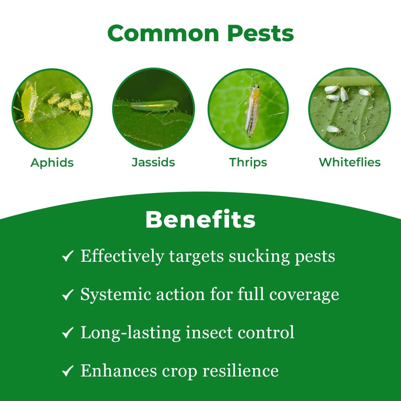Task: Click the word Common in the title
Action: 164,33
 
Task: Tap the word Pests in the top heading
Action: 261,33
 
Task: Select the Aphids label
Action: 52,163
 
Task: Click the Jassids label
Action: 153,162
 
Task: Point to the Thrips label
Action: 248,162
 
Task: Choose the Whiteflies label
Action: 350,162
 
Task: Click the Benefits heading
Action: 200,220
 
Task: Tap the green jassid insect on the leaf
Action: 154,106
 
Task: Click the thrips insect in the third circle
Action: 252,110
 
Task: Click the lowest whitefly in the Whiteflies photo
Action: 333,129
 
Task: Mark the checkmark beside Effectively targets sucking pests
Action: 67,257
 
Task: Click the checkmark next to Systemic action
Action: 67,295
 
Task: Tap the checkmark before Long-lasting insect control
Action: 67,333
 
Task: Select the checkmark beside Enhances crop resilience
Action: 67,371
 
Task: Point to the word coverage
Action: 304,294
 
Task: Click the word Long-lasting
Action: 131,333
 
